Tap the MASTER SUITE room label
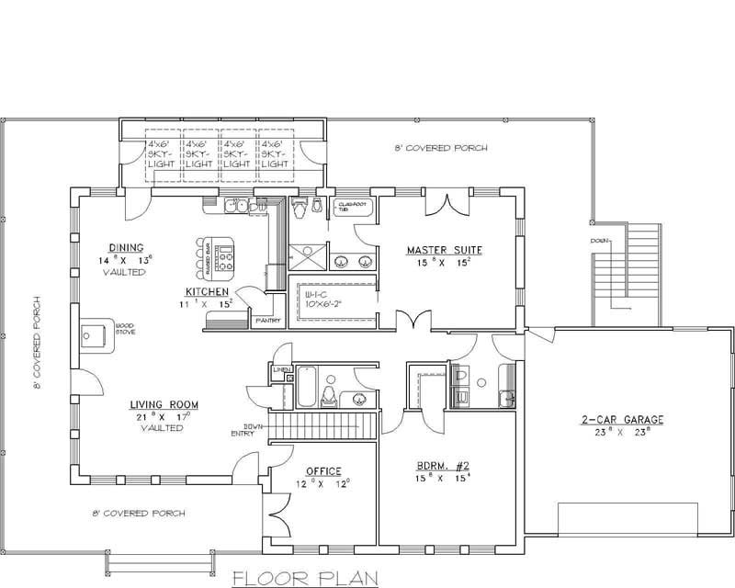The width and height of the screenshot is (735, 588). tap(445, 250)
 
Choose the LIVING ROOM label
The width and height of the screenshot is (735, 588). tap(164, 404)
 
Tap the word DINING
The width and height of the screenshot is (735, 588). tap(125, 248)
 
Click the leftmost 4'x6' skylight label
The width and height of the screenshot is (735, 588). tap(162, 154)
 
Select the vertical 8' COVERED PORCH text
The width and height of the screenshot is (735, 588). tap(38, 342)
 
